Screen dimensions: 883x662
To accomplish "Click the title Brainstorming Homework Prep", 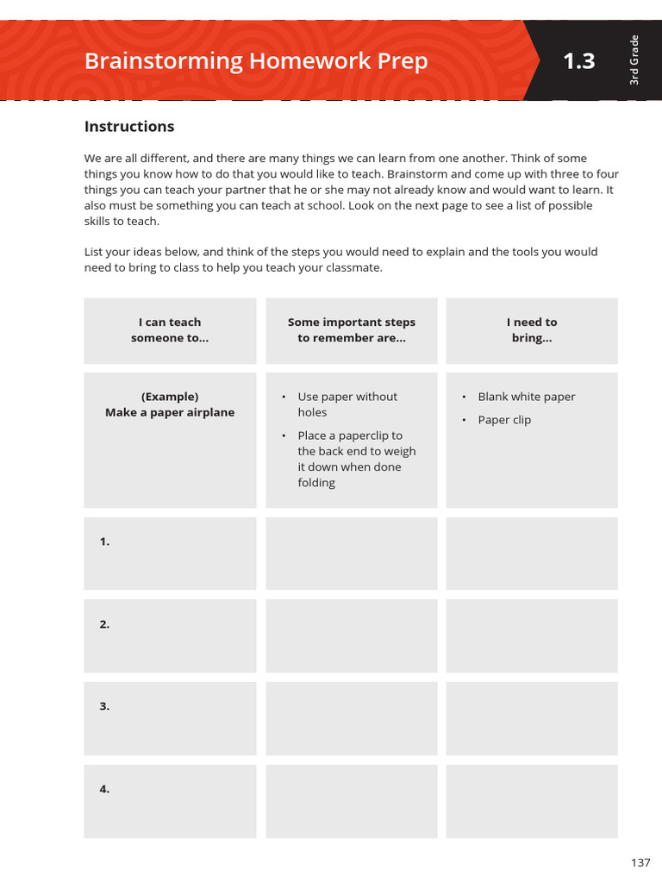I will pyautogui.click(x=255, y=61).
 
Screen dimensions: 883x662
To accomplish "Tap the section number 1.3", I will pyautogui.click(x=578, y=61).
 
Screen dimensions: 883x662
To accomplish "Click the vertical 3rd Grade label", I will pyautogui.click(x=634, y=59).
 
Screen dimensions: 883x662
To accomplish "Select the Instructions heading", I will pyautogui.click(x=129, y=127).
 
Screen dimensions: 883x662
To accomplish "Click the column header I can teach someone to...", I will pyautogui.click(x=170, y=330).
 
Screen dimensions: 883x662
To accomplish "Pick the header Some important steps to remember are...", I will pyautogui.click(x=351, y=330).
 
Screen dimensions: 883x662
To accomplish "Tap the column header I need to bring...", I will pyautogui.click(x=532, y=330).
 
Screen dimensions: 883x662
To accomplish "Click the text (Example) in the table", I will pyautogui.click(x=170, y=397).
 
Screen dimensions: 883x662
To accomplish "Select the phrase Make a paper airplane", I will pyautogui.click(x=170, y=412).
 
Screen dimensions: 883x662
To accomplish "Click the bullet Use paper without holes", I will pyautogui.click(x=347, y=404).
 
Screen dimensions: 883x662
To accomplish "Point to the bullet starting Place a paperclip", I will pyautogui.click(x=356, y=459).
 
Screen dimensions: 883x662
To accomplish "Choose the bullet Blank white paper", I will pyautogui.click(x=526, y=397).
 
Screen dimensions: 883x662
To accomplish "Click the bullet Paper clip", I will pyautogui.click(x=504, y=420).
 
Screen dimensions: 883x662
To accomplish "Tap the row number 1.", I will pyautogui.click(x=104, y=542).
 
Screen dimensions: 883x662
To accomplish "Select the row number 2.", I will pyautogui.click(x=104, y=624).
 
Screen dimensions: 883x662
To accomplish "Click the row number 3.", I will pyautogui.click(x=104, y=706).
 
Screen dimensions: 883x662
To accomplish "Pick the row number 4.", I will pyautogui.click(x=104, y=789).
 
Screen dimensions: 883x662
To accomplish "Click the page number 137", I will pyautogui.click(x=640, y=862).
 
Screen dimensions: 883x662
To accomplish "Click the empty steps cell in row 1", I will pyautogui.click(x=351, y=554).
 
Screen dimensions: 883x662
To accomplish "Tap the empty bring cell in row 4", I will pyautogui.click(x=532, y=801).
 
